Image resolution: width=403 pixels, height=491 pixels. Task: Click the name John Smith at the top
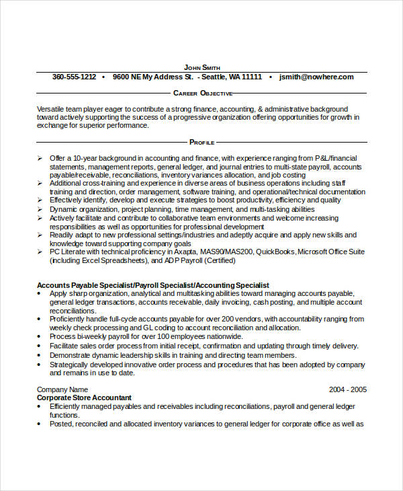tap(201, 67)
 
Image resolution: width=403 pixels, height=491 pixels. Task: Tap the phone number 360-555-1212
tap(74, 77)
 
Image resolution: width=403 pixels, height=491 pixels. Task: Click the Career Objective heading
tap(203, 93)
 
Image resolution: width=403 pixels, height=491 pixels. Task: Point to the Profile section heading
tap(201, 142)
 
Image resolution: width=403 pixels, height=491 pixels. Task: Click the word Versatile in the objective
tap(52, 109)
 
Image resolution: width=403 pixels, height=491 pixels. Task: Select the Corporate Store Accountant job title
tap(84, 398)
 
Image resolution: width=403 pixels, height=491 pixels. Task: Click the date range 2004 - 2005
tap(347, 389)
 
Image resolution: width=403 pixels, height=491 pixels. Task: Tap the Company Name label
tap(62, 389)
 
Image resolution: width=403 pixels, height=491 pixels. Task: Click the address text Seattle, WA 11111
tap(230, 77)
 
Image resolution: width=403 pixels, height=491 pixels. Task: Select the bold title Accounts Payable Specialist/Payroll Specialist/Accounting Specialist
tap(153, 285)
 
